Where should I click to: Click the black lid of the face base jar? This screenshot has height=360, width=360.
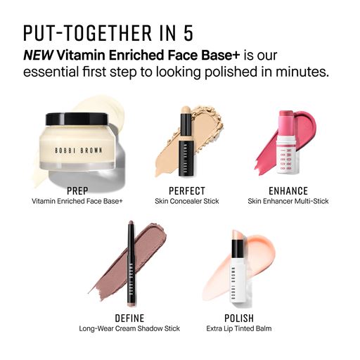coord(77,119)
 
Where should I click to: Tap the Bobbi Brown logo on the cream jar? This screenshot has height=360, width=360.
coord(79,150)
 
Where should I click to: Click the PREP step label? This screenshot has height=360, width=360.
coord(77,191)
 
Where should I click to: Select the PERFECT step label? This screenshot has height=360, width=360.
coord(187,191)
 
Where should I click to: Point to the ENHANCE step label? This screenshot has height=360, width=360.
coord(288,191)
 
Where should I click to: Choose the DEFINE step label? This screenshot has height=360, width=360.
coord(129,319)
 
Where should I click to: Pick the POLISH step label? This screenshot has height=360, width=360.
coord(239,319)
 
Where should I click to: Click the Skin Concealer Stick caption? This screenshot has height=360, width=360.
coord(187,201)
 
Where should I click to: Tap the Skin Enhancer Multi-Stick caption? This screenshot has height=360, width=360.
coord(288,201)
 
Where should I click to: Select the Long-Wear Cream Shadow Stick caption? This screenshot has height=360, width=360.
coord(129,328)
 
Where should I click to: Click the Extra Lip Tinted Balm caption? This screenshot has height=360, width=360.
coord(239,328)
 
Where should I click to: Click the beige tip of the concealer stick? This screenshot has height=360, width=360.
coord(186,111)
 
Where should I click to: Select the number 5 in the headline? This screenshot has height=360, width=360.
coord(188,33)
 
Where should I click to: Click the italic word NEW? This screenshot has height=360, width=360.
coord(39,56)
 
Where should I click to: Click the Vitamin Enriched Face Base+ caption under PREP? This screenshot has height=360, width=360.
coord(77,201)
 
